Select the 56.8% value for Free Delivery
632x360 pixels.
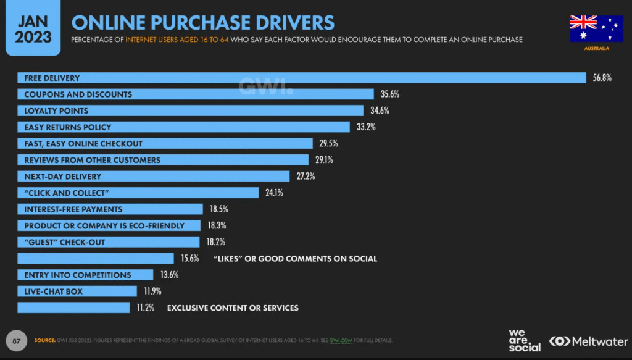(602, 78)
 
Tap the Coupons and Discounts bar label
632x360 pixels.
(78, 94)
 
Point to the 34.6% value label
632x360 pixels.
(380, 111)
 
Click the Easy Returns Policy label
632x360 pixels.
(68, 127)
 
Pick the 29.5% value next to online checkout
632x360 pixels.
(329, 143)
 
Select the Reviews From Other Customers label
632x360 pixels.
(92, 160)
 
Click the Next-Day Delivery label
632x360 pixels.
(62, 177)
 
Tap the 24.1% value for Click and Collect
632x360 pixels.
(274, 193)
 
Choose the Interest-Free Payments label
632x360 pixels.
(73, 209)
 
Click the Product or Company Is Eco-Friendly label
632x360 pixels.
(104, 226)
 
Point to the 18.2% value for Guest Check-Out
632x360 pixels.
(215, 242)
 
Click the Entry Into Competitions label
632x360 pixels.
(78, 275)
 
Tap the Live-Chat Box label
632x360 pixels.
(53, 291)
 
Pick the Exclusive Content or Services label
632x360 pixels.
(233, 308)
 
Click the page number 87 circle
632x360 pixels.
(17, 340)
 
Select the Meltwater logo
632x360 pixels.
(588, 341)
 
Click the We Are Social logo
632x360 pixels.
(524, 341)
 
